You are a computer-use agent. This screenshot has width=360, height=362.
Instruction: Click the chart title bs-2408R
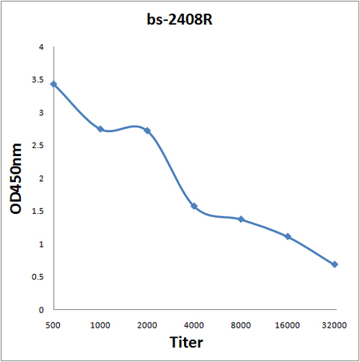179,19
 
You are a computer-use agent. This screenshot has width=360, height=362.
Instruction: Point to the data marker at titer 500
54,84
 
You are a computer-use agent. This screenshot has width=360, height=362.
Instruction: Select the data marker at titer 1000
101,129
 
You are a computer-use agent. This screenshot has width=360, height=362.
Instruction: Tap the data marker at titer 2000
147,131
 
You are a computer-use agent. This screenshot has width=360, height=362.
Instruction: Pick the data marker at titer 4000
194,207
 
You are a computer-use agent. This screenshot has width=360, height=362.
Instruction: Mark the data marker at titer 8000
241,219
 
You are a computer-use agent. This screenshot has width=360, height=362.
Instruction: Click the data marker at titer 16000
288,236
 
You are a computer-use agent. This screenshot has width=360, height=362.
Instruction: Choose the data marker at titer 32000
334,264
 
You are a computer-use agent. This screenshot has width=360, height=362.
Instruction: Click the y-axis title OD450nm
15,179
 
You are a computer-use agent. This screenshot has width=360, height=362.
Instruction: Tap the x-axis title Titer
186,342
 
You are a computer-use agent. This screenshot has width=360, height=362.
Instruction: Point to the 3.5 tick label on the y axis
38,80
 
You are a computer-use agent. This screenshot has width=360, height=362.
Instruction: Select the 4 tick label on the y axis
41,47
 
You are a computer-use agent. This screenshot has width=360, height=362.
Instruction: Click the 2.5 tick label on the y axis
38,146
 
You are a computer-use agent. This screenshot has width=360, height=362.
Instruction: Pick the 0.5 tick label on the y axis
38,277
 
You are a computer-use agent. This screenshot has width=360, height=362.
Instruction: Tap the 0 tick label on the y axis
41,310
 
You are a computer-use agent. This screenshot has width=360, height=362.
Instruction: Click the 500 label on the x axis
53,325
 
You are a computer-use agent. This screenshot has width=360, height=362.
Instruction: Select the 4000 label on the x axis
194,325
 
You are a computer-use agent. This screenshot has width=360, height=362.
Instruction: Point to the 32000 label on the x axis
334,325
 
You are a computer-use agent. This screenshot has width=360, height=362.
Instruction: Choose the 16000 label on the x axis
287,325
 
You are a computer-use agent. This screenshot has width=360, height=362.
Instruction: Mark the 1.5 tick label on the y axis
38,211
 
